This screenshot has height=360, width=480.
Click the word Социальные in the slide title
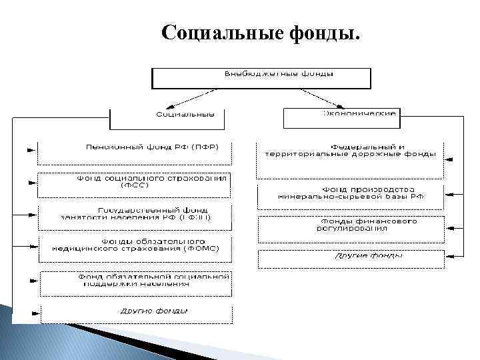[213, 33]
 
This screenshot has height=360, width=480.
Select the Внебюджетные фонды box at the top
[261, 77]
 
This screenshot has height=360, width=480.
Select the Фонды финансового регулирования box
[350, 226]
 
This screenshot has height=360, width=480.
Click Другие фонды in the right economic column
[350, 257]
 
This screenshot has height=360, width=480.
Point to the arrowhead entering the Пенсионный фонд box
[31, 151]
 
